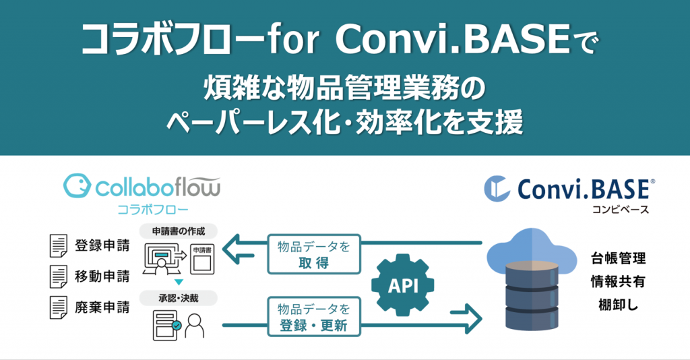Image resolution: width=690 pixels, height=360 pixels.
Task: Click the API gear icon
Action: [403, 285]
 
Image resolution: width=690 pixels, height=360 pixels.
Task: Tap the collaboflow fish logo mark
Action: [77, 185]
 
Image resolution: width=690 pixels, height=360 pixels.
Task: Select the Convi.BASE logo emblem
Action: [497, 189]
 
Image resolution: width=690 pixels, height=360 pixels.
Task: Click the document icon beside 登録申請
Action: [59, 245]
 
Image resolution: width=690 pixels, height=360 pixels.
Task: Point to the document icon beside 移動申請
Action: [59, 276]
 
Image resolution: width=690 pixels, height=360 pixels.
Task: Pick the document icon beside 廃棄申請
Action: [59, 307]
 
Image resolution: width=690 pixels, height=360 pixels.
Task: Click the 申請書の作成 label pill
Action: [179, 231]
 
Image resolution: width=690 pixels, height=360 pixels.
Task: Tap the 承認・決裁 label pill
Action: [179, 298]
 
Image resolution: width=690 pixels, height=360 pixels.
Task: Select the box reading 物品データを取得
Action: [314, 254]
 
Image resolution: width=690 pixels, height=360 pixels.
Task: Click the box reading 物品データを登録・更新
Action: [314, 317]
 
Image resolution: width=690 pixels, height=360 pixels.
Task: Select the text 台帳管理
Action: [619, 258]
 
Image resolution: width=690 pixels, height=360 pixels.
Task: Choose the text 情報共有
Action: [619, 281]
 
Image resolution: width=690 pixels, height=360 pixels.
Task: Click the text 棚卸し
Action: [619, 305]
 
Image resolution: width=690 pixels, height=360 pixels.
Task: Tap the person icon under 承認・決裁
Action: [195, 326]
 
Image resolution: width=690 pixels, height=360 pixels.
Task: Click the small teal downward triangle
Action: [179, 282]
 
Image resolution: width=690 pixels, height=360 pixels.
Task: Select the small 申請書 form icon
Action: [202, 260]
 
